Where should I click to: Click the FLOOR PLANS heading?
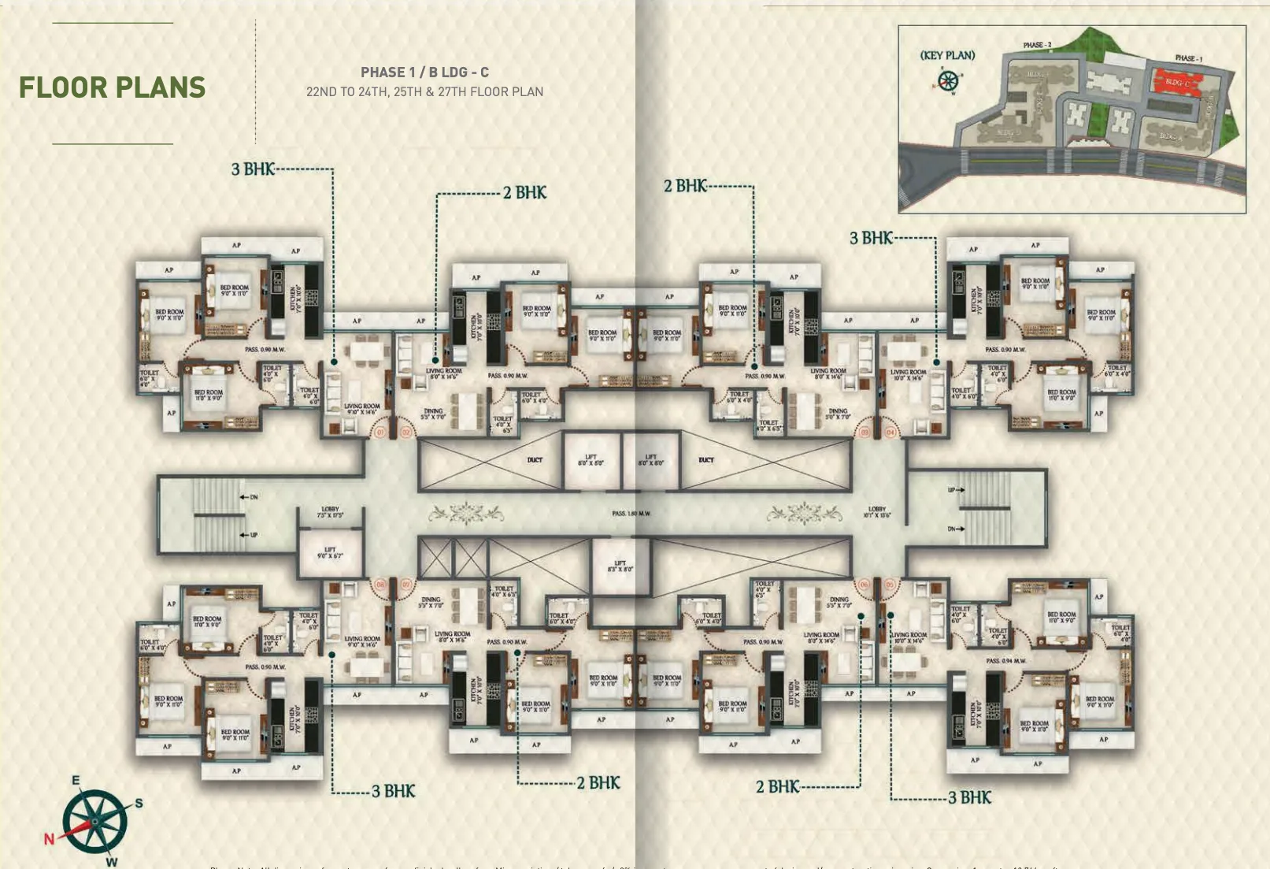click(112, 87)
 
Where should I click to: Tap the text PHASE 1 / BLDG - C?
click(424, 72)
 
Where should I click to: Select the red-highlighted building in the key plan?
click(1177, 82)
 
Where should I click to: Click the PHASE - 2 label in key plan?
click(1037, 45)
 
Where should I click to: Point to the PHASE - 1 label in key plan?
click(1188, 58)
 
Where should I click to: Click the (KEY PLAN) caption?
click(947, 55)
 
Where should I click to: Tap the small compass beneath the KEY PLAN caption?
click(948, 80)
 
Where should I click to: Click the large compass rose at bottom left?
click(94, 822)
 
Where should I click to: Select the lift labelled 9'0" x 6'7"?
click(330, 553)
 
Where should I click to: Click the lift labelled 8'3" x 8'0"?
click(620, 566)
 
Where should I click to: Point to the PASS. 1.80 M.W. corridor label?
click(631, 514)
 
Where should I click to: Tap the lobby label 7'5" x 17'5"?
click(330, 512)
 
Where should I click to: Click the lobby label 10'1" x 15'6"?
click(877, 512)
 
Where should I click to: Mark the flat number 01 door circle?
click(380, 433)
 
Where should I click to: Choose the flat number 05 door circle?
click(890, 585)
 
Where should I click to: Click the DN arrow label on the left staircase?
click(250, 497)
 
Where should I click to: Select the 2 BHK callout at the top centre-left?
click(524, 193)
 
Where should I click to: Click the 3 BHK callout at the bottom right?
click(969, 798)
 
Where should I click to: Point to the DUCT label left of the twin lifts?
click(535, 459)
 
